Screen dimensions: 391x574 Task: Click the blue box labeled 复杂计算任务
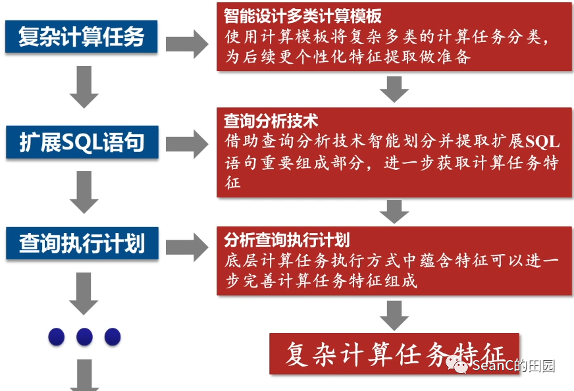pyautogui.click(x=81, y=36)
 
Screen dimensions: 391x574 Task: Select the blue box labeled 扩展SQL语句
pyautogui.click(x=81, y=142)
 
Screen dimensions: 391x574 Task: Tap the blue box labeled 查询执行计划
pyautogui.click(x=81, y=244)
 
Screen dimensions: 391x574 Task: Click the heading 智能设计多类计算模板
pyautogui.click(x=303, y=15)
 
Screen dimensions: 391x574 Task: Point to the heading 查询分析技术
pyautogui.click(x=271, y=121)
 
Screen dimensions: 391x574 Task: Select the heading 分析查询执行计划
pyautogui.click(x=286, y=239)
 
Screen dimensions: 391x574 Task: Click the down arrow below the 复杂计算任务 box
pyautogui.click(x=84, y=86)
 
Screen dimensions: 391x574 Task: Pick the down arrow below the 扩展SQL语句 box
pyautogui.click(x=84, y=192)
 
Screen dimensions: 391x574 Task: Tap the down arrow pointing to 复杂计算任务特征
pyautogui.click(x=395, y=315)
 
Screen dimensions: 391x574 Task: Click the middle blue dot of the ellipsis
pyautogui.click(x=84, y=337)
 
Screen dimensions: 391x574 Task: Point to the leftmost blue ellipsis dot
pyautogui.click(x=57, y=337)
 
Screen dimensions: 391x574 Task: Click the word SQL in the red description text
pyautogui.click(x=542, y=142)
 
